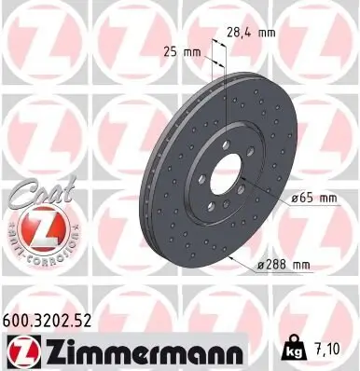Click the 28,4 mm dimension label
coord(250,33)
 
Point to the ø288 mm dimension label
coord(284,266)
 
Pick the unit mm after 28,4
coord(265,33)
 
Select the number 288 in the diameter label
coord(275,266)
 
